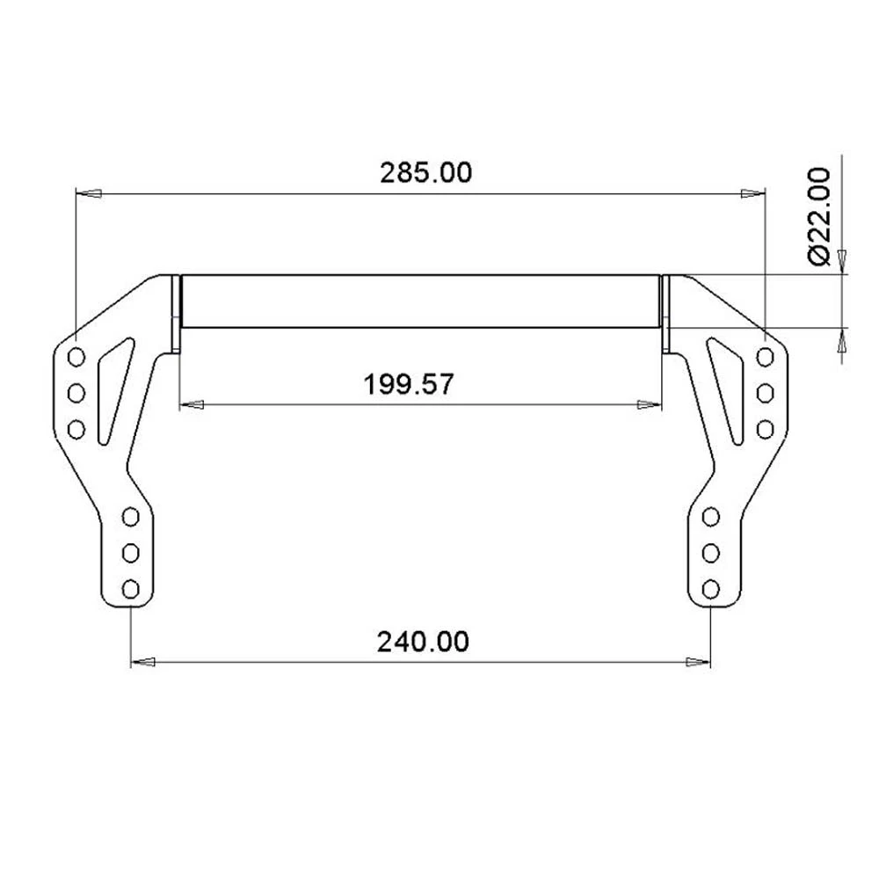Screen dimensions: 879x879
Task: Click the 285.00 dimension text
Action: (425, 172)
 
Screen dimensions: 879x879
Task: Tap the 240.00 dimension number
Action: (423, 642)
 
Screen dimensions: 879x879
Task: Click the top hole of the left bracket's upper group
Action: (76, 356)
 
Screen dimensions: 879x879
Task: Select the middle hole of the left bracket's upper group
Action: (76, 392)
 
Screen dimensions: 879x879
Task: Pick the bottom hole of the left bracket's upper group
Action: (76, 429)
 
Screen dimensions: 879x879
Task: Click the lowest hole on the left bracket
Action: (131, 588)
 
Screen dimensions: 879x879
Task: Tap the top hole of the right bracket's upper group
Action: (766, 356)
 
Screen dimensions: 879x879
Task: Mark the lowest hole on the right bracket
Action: (711, 588)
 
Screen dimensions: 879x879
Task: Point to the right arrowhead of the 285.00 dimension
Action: (752, 192)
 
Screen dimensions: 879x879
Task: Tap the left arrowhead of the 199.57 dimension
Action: (191, 404)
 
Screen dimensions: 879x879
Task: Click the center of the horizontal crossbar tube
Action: (420, 301)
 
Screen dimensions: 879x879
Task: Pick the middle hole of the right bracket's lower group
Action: (711, 552)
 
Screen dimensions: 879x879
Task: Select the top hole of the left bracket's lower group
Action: (131, 516)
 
